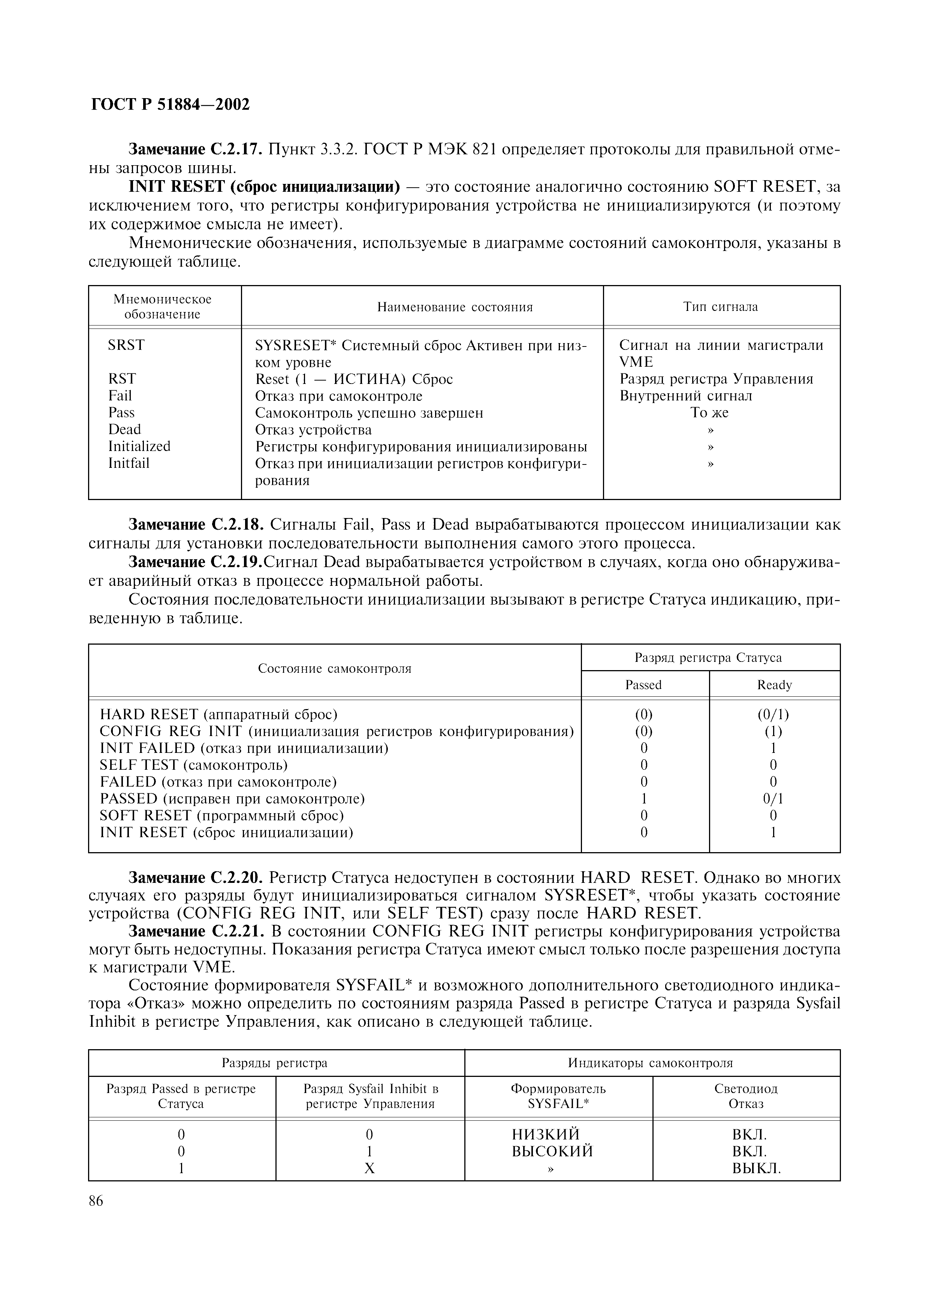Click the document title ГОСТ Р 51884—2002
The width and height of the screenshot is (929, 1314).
coord(171,105)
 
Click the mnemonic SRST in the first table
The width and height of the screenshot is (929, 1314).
coord(127,345)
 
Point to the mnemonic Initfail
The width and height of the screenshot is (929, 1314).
coord(129,463)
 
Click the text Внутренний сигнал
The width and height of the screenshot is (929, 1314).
coord(686,396)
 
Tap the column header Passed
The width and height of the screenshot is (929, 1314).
coord(643,685)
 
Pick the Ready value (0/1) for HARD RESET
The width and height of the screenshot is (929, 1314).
coord(773,714)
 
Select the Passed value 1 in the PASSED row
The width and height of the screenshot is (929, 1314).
coord(644,798)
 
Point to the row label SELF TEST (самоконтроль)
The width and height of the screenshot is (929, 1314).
coord(193,765)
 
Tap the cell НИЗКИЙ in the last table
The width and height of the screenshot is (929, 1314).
coord(546,1134)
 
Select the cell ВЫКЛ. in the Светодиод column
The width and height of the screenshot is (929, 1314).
coord(757,1168)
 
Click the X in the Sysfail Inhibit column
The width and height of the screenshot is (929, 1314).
coord(369,1168)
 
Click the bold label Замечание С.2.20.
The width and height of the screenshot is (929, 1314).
coord(196,877)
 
